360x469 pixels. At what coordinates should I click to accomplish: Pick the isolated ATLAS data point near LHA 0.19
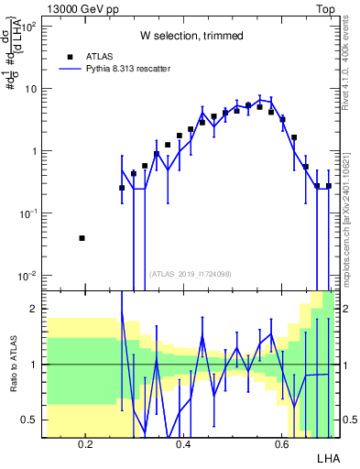click(x=82, y=238)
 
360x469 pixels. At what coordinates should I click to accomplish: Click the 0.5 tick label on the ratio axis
click(x=29, y=420)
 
